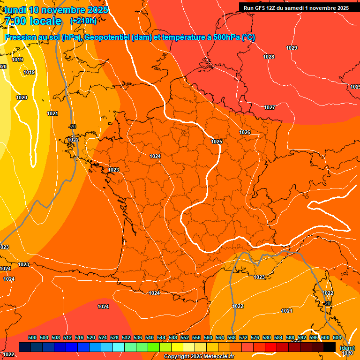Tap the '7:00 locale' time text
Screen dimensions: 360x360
pos(32,21)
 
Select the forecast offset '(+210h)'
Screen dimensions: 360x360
pos(83,21)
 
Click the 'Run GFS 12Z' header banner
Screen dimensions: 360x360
pos(296,8)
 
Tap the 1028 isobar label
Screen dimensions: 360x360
pos(269,57)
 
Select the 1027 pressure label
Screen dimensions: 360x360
pos(270,107)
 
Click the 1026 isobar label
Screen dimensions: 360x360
pos(245,132)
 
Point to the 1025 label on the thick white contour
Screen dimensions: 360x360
pos(217,142)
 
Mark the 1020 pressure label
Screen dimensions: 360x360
pos(22,97)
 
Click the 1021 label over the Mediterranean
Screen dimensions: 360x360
pos(287,311)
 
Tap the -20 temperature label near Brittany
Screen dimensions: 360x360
pos(72,127)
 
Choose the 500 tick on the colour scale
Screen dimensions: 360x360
pos(32,338)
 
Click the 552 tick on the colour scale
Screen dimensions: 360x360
pos(185,338)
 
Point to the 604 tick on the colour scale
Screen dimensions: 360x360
pos(337,338)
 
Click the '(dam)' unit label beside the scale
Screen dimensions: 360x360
pos(347,348)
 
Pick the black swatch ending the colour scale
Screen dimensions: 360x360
pos(329,347)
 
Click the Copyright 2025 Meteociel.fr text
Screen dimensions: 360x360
pos(199,357)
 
